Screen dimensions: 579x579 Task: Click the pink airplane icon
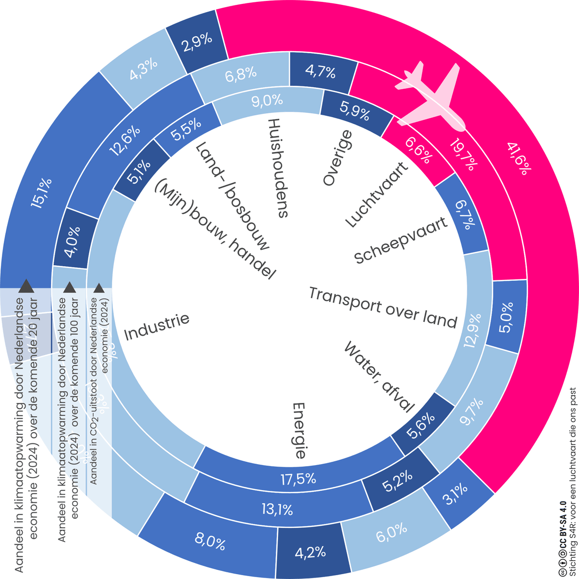[429, 96]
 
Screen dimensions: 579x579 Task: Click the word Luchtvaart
[377, 195]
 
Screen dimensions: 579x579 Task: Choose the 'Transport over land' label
[383, 307]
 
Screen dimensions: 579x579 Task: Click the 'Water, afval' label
[379, 376]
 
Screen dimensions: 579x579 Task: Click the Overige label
[338, 159]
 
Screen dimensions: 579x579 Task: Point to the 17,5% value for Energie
[299, 479]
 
